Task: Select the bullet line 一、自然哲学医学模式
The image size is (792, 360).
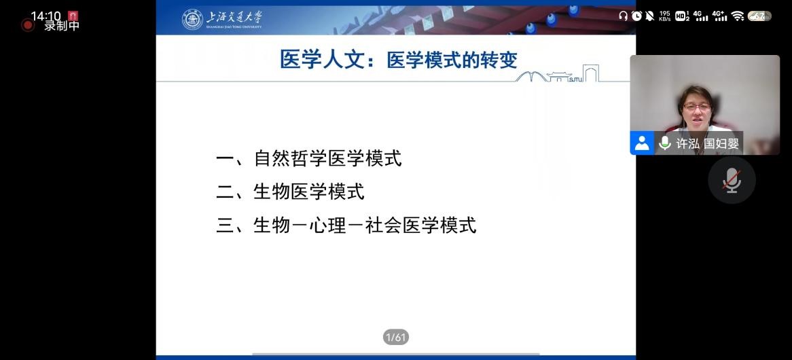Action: [309, 158]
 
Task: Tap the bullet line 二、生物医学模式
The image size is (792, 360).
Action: [291, 192]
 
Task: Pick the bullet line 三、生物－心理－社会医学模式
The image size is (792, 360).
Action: [346, 226]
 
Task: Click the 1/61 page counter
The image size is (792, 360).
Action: [395, 337]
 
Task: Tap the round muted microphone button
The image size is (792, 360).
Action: [732, 180]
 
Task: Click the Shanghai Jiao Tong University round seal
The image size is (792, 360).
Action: [192, 19]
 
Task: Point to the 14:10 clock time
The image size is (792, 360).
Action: [46, 16]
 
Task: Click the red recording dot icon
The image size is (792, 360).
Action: [27, 24]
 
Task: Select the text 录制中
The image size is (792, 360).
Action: [62, 26]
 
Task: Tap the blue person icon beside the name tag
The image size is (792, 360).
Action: [642, 143]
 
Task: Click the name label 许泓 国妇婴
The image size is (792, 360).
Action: [708, 143]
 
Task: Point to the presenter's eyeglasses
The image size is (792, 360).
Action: [696, 107]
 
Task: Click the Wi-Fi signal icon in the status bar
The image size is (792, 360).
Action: [738, 16]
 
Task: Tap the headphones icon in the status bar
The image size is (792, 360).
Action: [624, 16]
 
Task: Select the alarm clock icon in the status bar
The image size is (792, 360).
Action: [636, 16]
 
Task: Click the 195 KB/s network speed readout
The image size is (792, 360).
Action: [665, 16]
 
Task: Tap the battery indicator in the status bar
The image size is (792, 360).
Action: [759, 16]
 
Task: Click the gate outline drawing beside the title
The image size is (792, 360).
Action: [590, 73]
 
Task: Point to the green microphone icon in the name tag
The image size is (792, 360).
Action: [665, 143]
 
